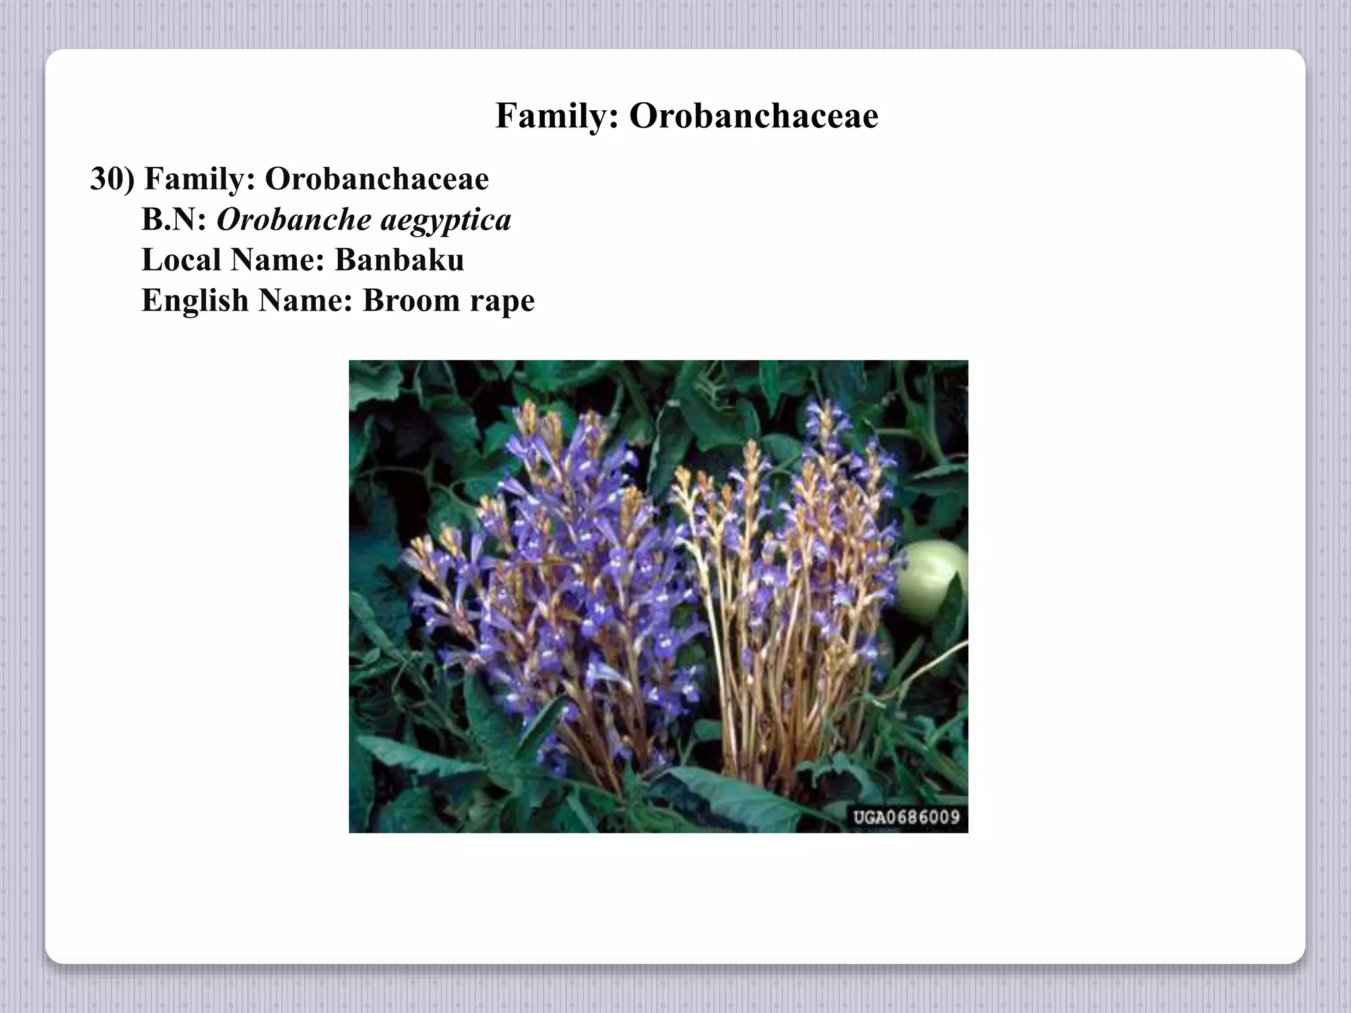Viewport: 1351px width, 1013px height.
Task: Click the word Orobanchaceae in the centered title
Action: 753,116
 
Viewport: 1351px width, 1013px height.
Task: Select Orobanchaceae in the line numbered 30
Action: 377,179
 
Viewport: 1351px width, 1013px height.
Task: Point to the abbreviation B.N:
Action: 174,220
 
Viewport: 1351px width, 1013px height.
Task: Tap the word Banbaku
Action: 399,260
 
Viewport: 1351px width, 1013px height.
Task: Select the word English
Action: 195,301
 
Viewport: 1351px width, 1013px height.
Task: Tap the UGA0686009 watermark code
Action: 906,818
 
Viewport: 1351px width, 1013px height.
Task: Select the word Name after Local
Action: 277,260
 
